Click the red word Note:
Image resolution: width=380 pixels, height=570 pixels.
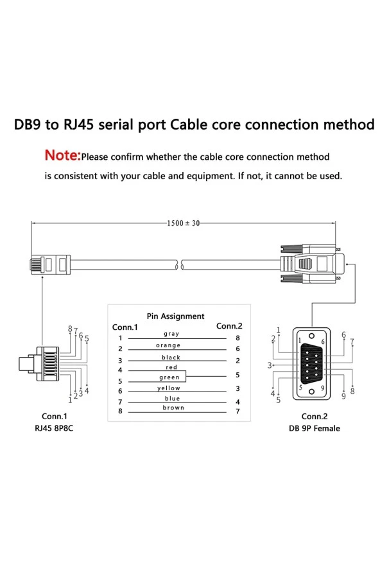point(62,156)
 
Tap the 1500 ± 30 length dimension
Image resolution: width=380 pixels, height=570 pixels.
point(184,223)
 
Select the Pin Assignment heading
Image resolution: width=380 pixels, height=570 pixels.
point(175,316)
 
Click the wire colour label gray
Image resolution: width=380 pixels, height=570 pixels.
point(171,334)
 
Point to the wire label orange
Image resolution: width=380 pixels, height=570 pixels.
point(168,345)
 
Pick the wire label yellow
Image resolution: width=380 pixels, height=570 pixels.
point(169,388)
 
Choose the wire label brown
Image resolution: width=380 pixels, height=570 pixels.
point(173,408)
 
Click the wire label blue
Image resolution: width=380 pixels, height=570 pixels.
point(172,399)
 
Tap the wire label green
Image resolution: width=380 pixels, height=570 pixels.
point(169,377)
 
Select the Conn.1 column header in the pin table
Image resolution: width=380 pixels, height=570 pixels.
point(125,327)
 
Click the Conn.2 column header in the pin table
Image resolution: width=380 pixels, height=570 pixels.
point(229,326)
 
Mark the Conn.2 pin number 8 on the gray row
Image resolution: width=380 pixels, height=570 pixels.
point(237,338)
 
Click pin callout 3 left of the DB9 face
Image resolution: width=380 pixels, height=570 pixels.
point(270,365)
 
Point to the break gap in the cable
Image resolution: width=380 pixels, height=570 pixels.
point(179,263)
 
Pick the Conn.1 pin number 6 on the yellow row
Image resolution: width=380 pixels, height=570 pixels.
point(120,391)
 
